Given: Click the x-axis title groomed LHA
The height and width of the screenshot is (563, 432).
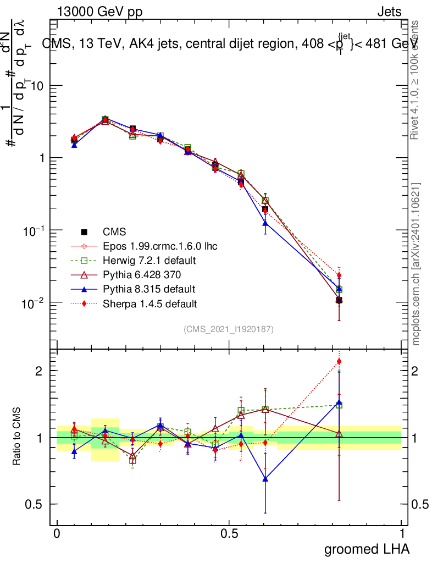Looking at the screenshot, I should (367, 549).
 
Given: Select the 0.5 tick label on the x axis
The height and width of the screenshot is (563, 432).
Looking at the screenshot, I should (229, 533).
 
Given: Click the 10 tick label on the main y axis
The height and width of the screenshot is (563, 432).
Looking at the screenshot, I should (38, 86).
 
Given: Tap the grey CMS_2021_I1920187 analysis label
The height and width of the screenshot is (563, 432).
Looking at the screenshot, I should (229, 329).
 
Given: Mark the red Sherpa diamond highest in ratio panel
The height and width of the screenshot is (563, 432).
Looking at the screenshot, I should (339, 361).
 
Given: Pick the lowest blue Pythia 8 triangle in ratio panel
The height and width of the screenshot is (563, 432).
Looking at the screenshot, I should (265, 479).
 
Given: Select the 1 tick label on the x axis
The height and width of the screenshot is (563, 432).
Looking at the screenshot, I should (401, 533).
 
